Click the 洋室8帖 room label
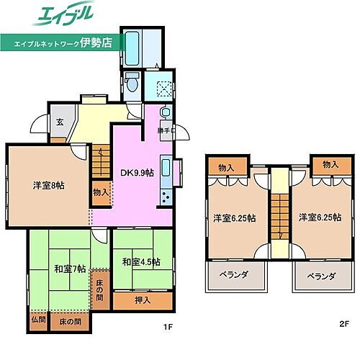(48, 185)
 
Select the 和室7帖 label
(70, 269)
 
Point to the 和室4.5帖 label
(140, 261)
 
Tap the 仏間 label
(37, 319)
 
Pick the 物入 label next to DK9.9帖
(102, 193)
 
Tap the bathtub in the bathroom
(135, 46)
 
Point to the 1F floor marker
(168, 326)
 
